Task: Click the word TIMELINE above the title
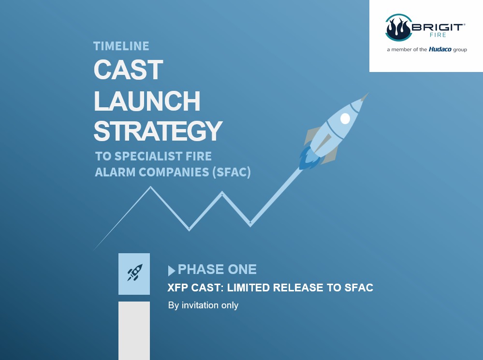121,46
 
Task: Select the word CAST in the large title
129,70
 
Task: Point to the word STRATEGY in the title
158,131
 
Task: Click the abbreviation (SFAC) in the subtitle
231,172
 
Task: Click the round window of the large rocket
345,118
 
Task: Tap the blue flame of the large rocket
308,158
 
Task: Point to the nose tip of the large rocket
368,93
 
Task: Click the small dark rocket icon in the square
135,273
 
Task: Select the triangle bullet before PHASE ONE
172,271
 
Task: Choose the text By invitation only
203,305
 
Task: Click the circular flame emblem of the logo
398,28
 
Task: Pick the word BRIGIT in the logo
437,27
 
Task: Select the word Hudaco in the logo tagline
440,49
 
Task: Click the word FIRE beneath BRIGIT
438,35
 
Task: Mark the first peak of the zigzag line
151,187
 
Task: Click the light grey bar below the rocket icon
134,331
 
